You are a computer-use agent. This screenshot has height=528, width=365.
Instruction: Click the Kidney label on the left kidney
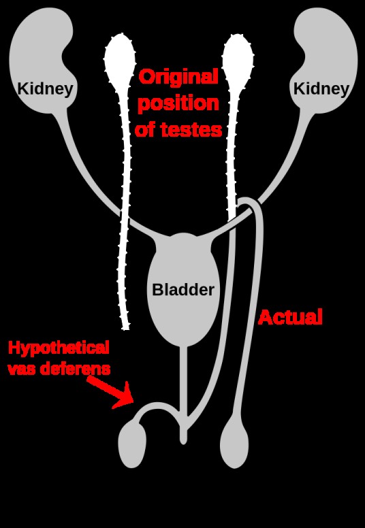point(45,89)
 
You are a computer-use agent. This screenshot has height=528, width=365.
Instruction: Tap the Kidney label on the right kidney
point(321,89)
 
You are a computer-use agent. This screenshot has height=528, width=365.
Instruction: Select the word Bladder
point(183,290)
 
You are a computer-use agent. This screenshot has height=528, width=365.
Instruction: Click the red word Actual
point(290,317)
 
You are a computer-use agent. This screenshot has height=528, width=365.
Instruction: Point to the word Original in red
point(178,77)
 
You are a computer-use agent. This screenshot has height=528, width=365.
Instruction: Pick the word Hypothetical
point(59,348)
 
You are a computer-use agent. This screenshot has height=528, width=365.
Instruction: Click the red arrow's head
point(124,396)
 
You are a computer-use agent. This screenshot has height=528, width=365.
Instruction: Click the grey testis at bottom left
point(132,445)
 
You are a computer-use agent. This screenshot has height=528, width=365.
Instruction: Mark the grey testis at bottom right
point(234,446)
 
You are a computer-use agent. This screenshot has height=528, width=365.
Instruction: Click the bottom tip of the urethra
point(183,443)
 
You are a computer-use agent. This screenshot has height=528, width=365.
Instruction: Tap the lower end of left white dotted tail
point(125,328)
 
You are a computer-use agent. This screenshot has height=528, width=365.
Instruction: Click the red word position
point(178,103)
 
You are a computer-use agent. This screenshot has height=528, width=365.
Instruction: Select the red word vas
point(22,369)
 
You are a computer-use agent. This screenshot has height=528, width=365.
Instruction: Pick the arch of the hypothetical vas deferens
point(157,406)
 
